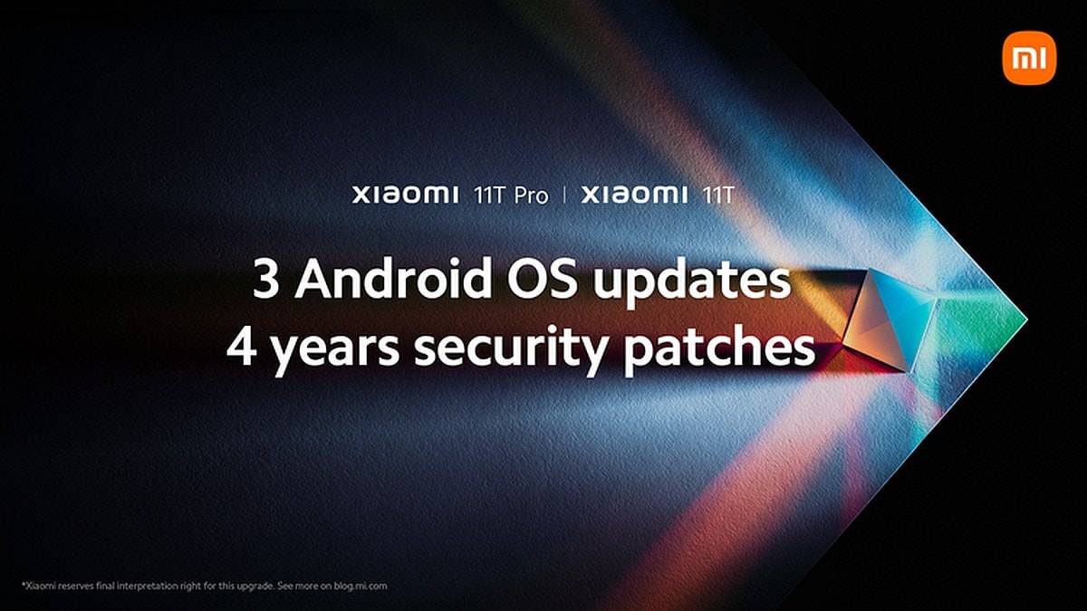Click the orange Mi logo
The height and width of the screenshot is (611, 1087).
point(1029,58)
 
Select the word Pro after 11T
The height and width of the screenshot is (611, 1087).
point(532,196)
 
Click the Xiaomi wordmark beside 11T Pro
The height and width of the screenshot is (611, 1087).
point(405,195)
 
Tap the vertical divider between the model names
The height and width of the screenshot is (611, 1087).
point(564,196)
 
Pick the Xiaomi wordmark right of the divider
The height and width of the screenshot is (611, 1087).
point(634,195)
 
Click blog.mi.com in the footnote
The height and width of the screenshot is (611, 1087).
point(360,586)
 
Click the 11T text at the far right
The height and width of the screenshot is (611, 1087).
point(718,196)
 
